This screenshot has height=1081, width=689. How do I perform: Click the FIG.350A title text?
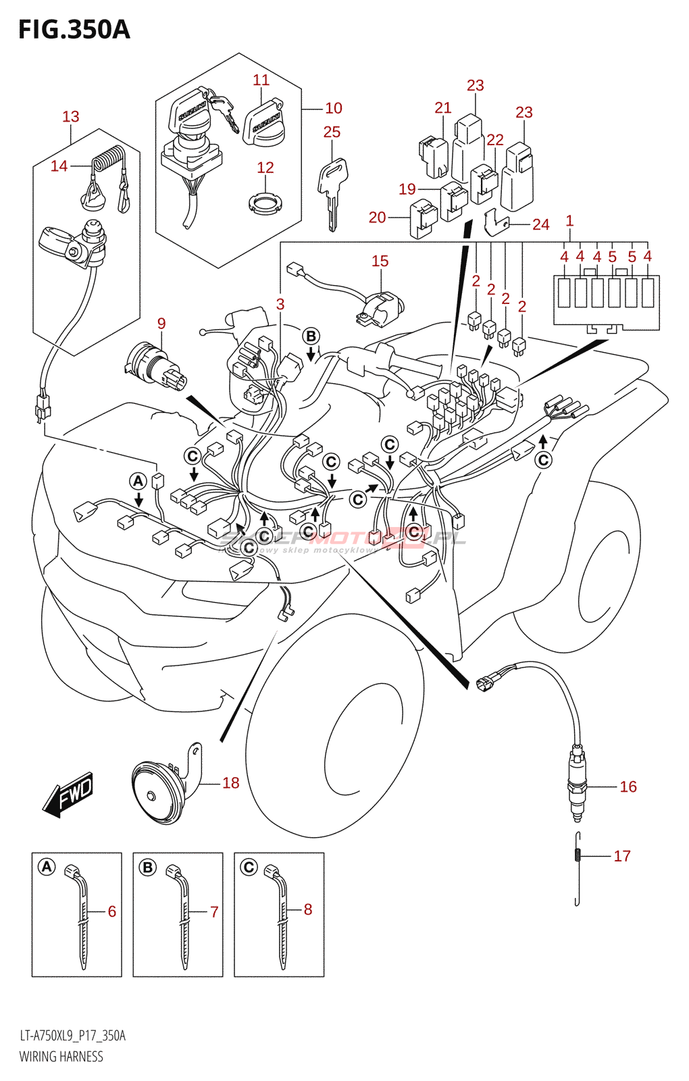[74, 30]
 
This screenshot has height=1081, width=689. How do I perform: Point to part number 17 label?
[622, 856]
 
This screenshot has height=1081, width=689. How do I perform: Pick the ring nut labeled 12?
[265, 203]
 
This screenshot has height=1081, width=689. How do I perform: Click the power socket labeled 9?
[154, 365]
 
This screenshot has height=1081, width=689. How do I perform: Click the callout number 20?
[377, 218]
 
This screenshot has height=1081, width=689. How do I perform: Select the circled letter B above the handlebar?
[311, 336]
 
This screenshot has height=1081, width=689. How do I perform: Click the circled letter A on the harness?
[138, 481]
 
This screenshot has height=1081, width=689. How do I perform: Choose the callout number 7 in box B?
[214, 911]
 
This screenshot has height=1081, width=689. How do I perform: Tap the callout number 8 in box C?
[308, 909]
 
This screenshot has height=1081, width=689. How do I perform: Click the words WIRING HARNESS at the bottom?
[61, 1057]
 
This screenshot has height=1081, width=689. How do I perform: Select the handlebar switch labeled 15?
[380, 306]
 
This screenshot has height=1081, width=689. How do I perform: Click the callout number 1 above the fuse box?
[569, 220]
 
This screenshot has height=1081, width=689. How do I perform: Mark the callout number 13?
[71, 116]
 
